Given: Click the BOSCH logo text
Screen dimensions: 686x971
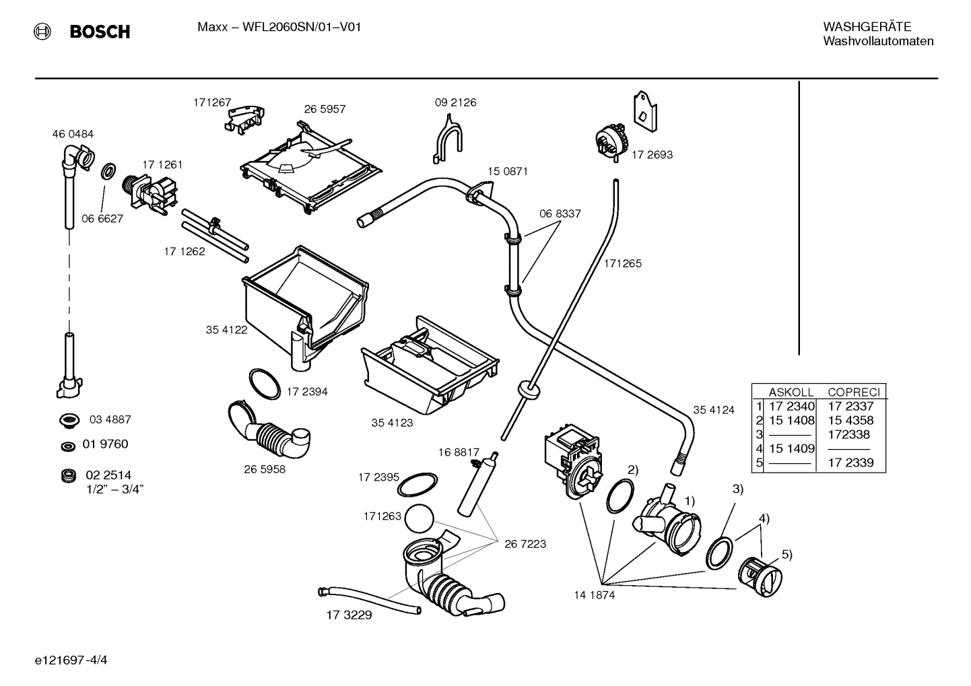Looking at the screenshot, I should click(100, 32).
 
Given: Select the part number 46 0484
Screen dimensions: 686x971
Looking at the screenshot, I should click(73, 134).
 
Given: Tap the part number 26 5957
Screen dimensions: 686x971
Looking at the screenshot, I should click(325, 109).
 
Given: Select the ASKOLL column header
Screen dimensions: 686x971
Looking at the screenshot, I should click(791, 392).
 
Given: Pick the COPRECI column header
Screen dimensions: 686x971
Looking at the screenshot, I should click(853, 392).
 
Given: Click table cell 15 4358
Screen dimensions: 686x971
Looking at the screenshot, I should click(850, 420).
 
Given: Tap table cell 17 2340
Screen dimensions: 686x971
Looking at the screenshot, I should click(792, 406).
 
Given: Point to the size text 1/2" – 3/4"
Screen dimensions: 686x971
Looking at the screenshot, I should click(115, 489).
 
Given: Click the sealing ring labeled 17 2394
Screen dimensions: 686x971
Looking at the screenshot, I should click(265, 384).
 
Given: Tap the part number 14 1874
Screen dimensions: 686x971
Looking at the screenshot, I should click(594, 595).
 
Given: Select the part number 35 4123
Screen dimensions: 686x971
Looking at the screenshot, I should click(392, 423).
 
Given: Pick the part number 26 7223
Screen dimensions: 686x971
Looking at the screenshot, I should click(525, 544).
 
